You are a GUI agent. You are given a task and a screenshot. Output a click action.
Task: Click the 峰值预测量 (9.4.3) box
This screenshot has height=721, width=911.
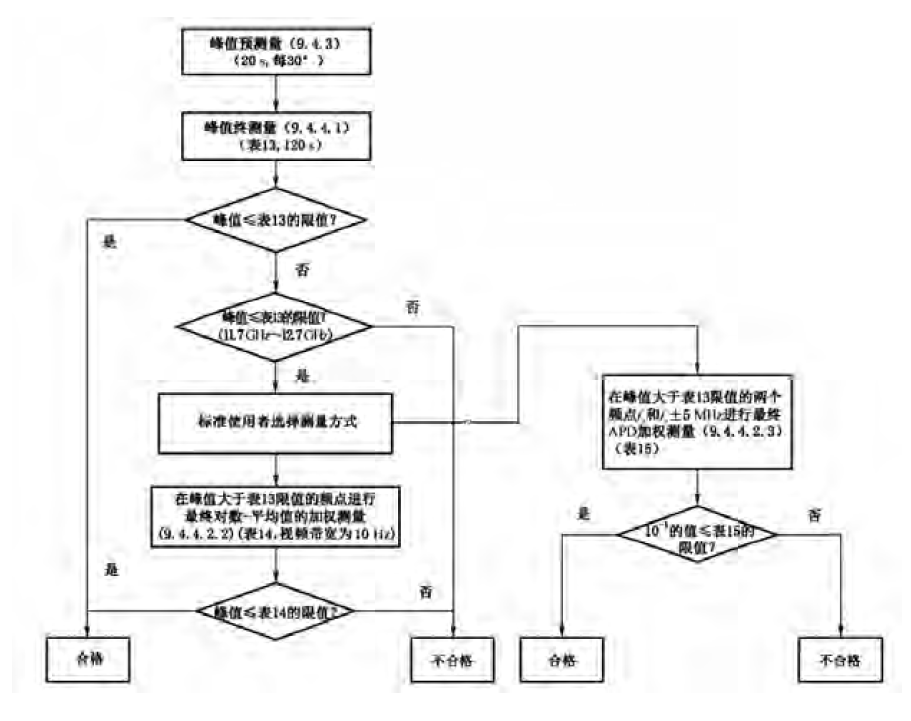coord(278,51)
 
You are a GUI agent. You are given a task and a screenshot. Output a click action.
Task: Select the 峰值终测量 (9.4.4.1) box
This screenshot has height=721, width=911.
coord(278,135)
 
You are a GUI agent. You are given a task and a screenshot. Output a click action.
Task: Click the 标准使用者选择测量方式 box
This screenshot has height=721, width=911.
coord(277,421)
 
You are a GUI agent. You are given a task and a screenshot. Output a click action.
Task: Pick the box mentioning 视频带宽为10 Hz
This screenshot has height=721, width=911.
coord(277,515)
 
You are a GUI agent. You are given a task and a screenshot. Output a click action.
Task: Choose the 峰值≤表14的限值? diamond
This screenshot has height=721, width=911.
coord(277,609)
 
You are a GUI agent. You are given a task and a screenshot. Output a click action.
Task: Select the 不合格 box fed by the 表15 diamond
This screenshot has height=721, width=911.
coord(840,660)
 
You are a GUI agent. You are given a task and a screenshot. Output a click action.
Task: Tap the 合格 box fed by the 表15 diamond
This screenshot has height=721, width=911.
coord(562,660)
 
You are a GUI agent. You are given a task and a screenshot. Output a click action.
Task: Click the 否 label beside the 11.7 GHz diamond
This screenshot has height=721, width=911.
coord(413,307)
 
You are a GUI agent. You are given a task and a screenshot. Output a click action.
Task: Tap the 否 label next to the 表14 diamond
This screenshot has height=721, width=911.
coord(426,592)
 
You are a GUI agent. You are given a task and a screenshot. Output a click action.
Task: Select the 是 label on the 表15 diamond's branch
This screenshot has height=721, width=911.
coord(584,513)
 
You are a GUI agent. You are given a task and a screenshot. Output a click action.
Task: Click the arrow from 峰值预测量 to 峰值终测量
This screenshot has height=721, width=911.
coord(278,92)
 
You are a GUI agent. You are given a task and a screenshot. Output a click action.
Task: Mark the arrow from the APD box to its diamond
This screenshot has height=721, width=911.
coord(700,490)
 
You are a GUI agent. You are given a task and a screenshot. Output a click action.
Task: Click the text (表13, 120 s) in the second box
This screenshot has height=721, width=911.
coord(278,144)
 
